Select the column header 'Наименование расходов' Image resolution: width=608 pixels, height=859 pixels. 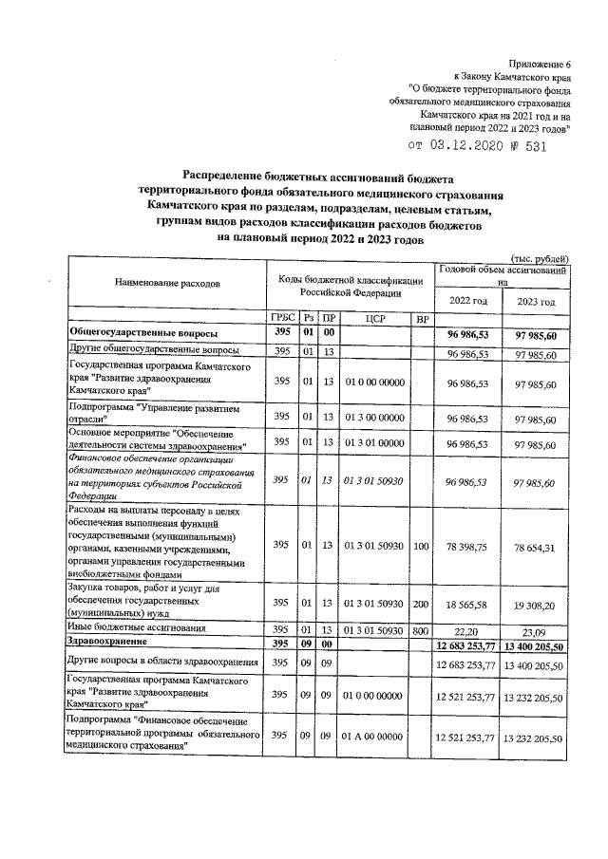167,283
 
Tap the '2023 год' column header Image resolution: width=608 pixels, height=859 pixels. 535,301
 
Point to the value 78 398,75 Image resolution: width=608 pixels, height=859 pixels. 467,545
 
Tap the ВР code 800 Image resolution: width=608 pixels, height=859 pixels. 422,628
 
